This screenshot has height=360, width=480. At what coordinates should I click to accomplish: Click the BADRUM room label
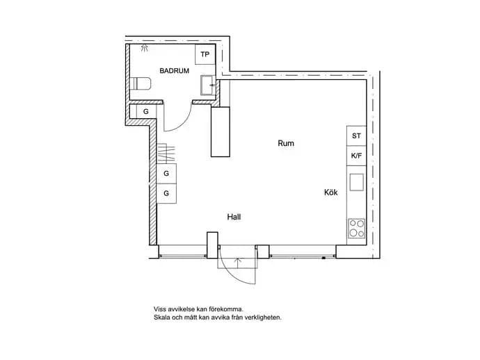[x=174, y=71]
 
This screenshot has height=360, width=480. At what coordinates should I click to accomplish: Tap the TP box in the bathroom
[x=205, y=54]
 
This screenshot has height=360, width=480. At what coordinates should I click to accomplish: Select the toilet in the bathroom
[x=141, y=83]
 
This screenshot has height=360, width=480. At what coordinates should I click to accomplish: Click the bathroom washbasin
[x=208, y=85]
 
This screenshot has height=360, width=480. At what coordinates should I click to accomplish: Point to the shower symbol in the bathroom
[x=144, y=47]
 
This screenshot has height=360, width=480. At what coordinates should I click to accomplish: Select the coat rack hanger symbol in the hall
[x=166, y=153]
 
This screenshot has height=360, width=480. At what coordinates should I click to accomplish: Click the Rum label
[x=286, y=143]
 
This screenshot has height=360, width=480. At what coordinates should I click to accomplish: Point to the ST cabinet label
[x=356, y=136]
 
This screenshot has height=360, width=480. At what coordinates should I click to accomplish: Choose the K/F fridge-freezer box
[x=356, y=156]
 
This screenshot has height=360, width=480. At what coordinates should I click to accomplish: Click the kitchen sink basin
[x=357, y=182]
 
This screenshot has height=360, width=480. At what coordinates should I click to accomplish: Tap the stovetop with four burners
[x=357, y=228]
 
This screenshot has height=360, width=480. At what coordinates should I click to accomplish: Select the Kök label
[x=331, y=193]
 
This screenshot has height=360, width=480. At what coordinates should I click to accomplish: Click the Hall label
[x=234, y=217]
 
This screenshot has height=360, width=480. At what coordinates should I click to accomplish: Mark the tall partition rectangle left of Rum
[x=221, y=132]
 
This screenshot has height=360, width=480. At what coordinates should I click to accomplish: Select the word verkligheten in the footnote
[x=263, y=318]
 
